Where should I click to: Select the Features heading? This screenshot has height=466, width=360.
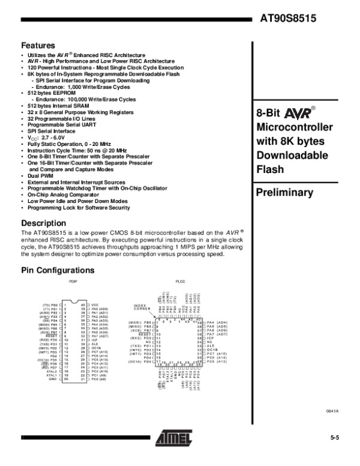(38, 46)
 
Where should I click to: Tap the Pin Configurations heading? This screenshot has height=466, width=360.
(58, 270)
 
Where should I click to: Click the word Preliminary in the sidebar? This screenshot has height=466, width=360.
(285, 193)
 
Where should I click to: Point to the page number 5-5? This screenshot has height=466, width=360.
(334, 438)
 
